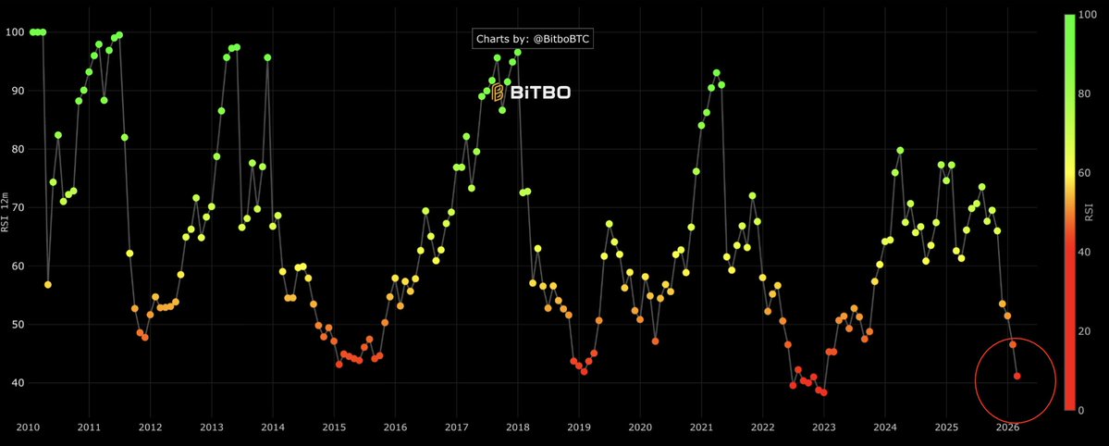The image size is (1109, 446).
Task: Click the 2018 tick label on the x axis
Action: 517,427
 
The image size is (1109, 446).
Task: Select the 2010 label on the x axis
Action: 28,427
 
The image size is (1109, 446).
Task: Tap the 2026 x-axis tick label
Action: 1007,427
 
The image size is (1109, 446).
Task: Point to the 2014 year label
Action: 273,427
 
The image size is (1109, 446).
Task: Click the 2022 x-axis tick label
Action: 762,427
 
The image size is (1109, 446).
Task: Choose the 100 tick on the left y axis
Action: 16,32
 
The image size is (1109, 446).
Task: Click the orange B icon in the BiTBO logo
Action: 497,92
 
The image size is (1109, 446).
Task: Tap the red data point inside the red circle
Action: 1017,376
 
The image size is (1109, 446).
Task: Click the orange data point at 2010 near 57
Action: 48,284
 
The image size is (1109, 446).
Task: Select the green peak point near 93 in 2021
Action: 716,73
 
